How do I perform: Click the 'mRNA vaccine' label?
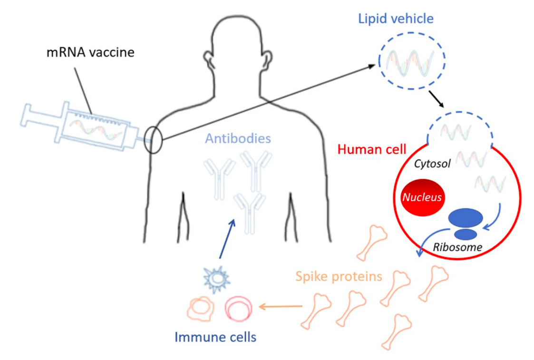pos(90,52)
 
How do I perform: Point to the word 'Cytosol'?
pos(431,164)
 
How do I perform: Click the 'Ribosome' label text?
pos(457,247)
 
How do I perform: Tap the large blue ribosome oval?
pos(466,218)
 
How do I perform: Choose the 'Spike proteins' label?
pos(339,276)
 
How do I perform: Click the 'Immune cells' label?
pos(215,338)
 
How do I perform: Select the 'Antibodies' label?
pos(238,139)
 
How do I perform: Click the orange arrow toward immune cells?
pos(280,307)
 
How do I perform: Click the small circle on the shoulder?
pos(154,139)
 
